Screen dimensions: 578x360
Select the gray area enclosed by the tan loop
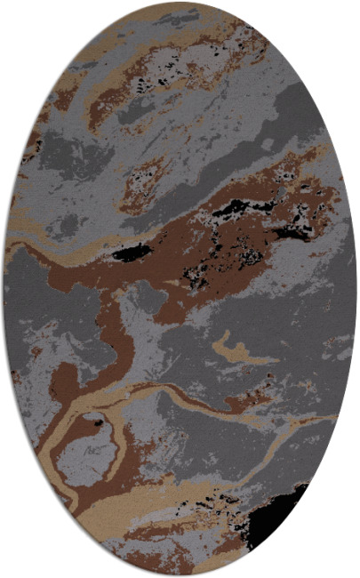[x=87, y=454]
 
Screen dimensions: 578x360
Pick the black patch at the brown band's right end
[x=293, y=234]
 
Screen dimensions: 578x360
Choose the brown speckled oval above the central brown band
[x=142, y=178]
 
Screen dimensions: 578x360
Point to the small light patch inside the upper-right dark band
[x=268, y=143]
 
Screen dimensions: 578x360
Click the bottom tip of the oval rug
[x=180, y=574]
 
